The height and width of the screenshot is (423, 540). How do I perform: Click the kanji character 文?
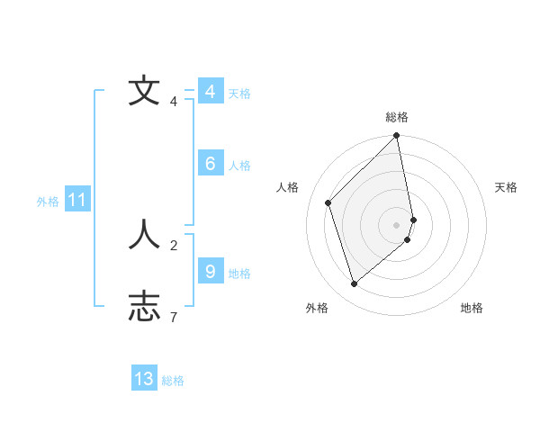(x=144, y=92)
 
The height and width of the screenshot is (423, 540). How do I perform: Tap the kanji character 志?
(x=144, y=306)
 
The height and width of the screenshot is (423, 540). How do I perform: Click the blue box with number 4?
(x=210, y=92)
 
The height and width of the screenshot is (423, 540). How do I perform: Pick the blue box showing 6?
(x=210, y=164)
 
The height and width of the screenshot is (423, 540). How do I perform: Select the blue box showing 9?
(x=210, y=271)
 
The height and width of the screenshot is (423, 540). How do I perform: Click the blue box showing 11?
(x=76, y=200)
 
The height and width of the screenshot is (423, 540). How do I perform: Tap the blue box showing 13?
(x=144, y=379)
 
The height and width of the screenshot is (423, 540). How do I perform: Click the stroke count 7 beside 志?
(x=174, y=317)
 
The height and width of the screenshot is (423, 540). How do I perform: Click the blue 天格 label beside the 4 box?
(x=239, y=94)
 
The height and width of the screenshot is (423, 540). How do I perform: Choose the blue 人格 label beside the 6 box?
(x=239, y=166)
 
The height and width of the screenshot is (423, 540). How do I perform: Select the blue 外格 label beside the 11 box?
(x=48, y=202)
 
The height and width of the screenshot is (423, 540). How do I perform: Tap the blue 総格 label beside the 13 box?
(x=174, y=381)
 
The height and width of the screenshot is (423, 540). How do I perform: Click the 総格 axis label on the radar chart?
(x=397, y=117)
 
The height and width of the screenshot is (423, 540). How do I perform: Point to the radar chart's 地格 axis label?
(x=472, y=308)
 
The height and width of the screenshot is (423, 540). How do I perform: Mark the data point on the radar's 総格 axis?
(x=397, y=137)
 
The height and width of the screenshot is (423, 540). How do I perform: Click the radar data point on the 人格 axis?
(x=328, y=202)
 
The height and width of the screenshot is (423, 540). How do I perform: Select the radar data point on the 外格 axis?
(x=354, y=284)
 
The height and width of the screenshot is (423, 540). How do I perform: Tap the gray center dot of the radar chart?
(x=397, y=224)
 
